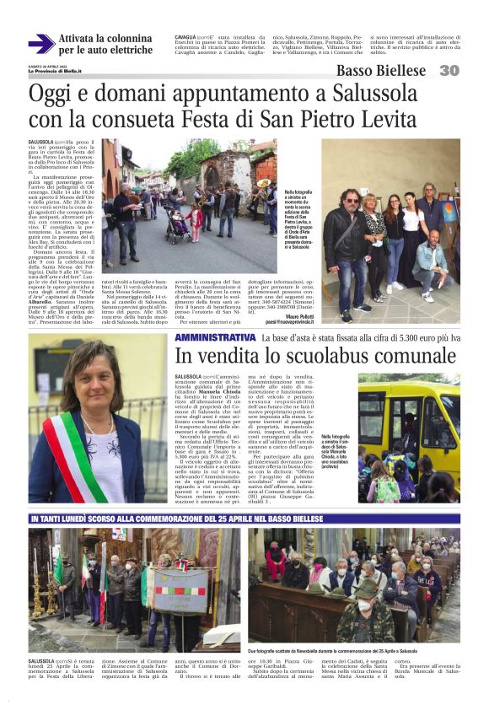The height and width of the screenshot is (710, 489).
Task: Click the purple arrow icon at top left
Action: [41, 44]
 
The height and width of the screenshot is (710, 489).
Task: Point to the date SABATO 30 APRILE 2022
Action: [48, 65]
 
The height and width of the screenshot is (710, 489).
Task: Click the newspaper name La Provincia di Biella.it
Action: [55, 71]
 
